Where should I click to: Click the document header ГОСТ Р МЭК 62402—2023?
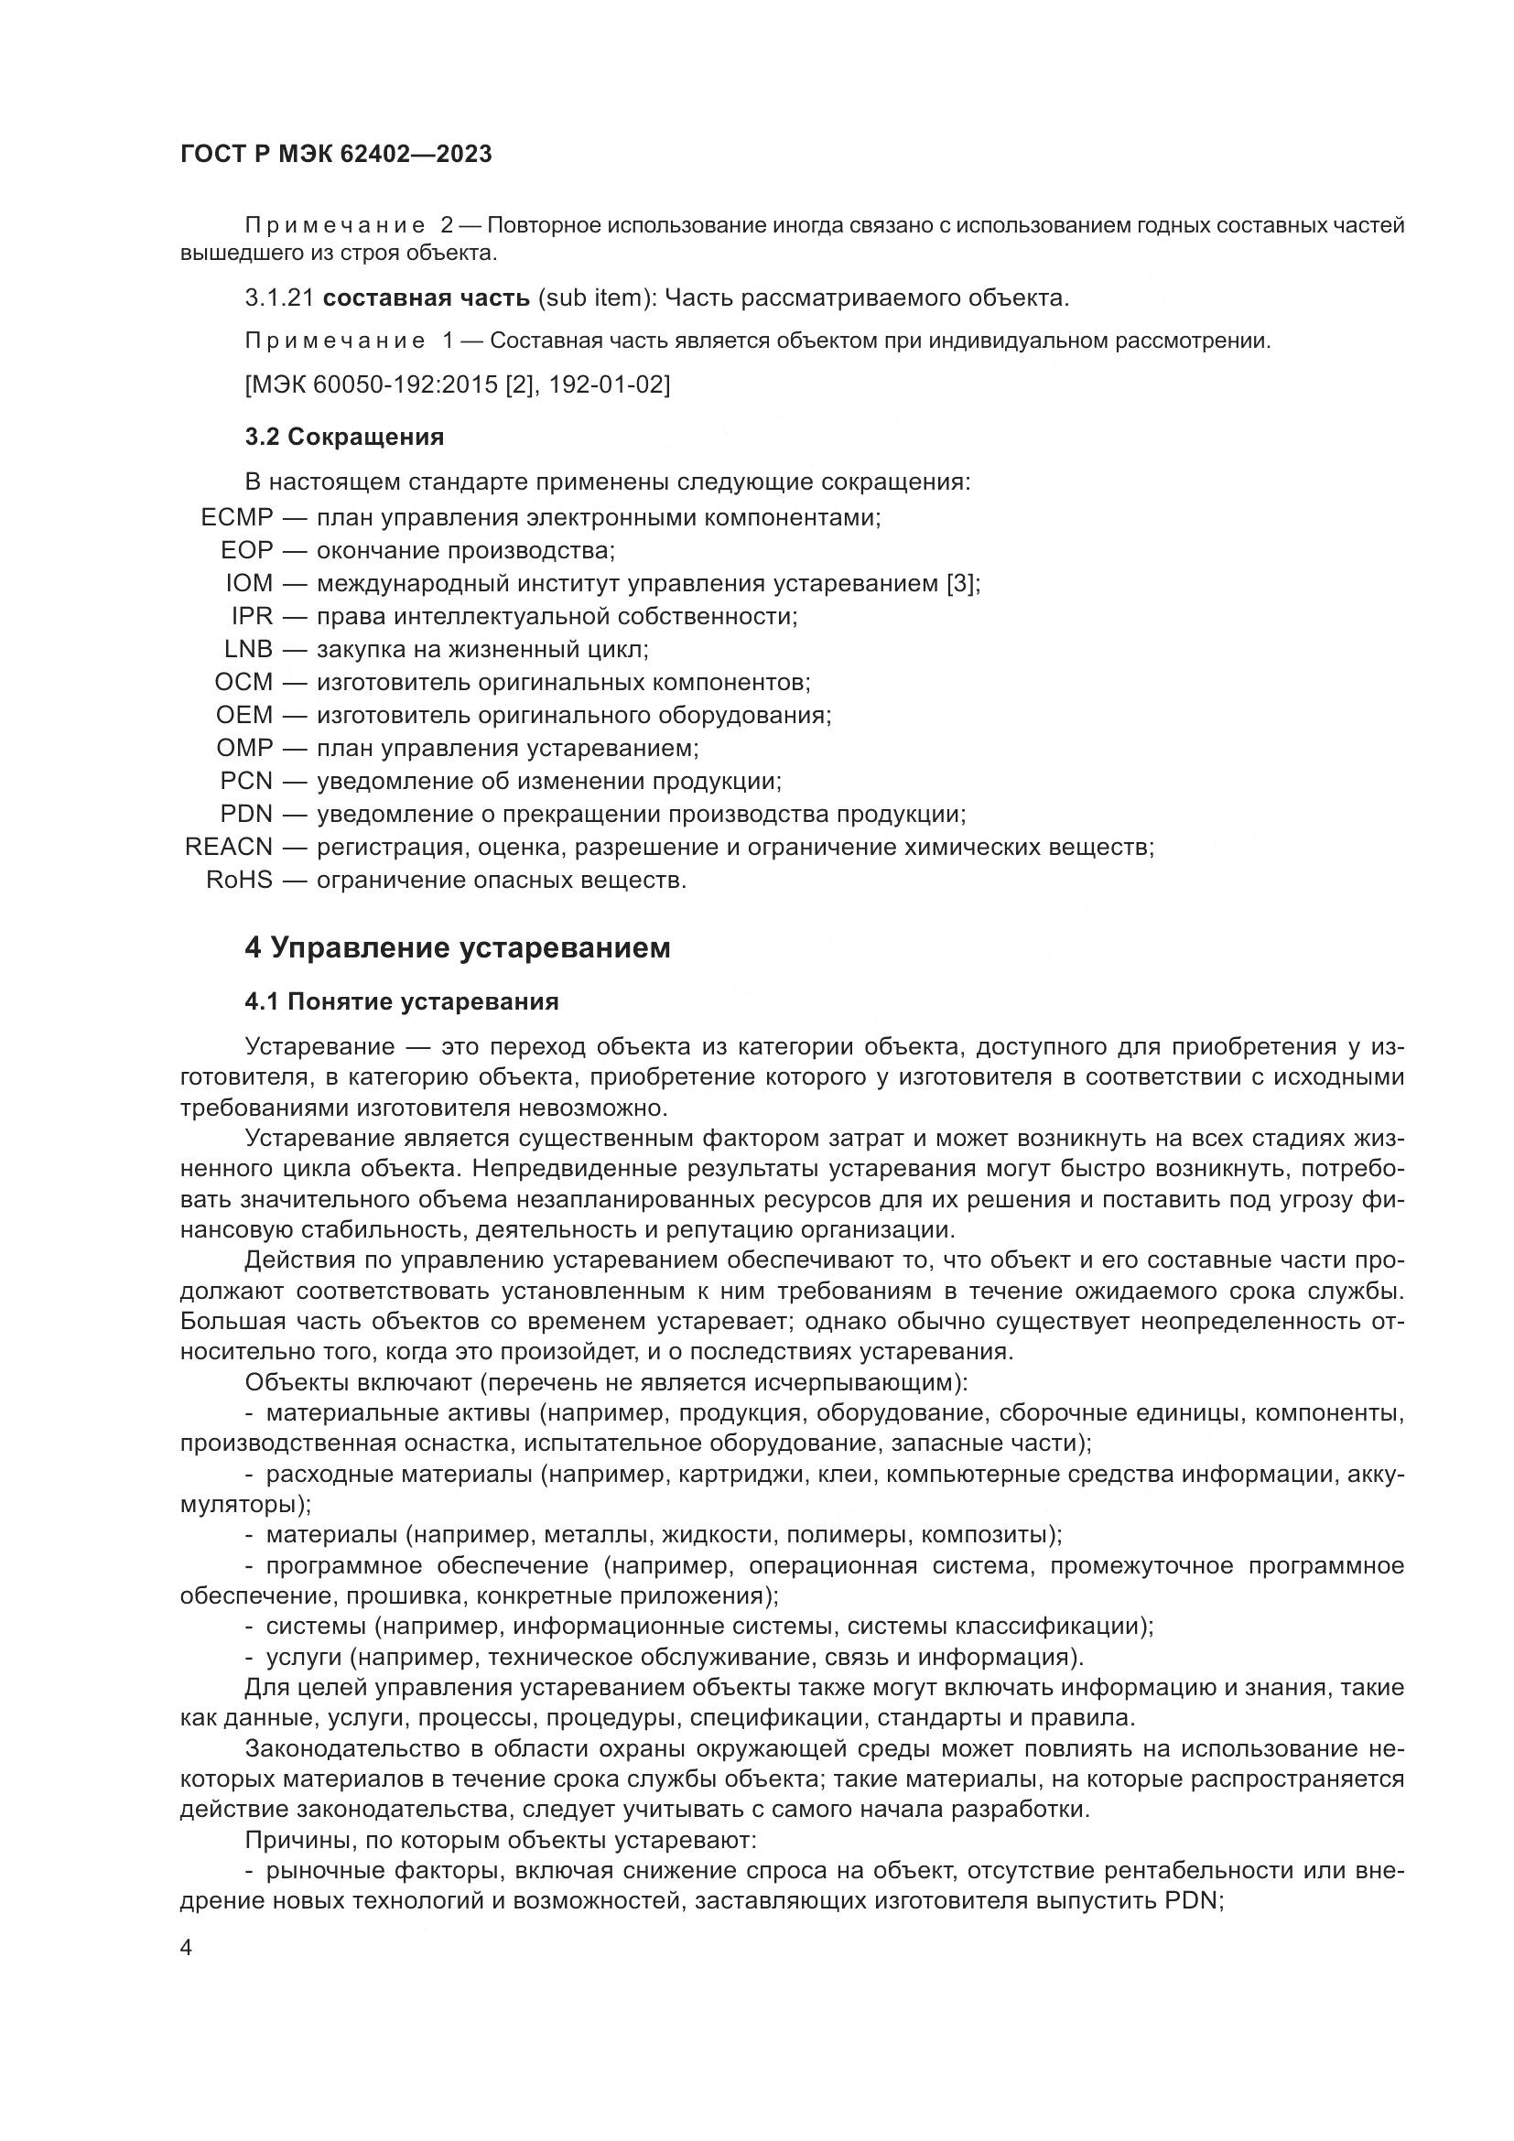[336, 154]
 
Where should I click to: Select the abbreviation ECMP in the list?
[237, 517]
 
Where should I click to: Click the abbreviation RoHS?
[240, 881]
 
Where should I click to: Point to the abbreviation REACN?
[229, 848]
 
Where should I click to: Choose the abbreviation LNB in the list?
[248, 649]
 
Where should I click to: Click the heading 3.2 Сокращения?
[344, 437]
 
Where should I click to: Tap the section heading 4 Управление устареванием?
[457, 948]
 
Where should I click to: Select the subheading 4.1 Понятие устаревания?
[402, 1002]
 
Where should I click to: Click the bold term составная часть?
[426, 298]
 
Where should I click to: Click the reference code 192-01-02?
[609, 385]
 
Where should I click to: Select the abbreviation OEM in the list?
[244, 715]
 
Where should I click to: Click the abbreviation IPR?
[252, 616]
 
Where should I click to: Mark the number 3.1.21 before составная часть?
[280, 298]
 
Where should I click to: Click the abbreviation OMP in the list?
[244, 748]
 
